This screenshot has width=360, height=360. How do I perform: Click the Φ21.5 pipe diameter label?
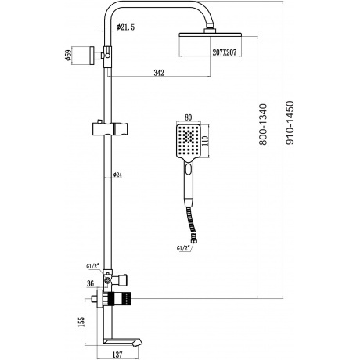(126, 27)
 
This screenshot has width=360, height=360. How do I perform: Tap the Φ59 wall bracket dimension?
(68, 56)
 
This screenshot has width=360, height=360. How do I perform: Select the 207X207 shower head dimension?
(225, 52)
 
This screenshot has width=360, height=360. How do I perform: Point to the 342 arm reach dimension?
(159, 73)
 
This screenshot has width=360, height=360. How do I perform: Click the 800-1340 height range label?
(264, 124)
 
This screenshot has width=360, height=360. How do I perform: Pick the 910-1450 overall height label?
(290, 123)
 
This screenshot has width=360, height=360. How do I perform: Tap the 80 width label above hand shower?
(188, 117)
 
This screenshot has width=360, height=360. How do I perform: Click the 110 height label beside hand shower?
(205, 141)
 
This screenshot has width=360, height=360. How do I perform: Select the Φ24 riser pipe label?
(117, 175)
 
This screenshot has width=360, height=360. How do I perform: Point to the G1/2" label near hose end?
(183, 249)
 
